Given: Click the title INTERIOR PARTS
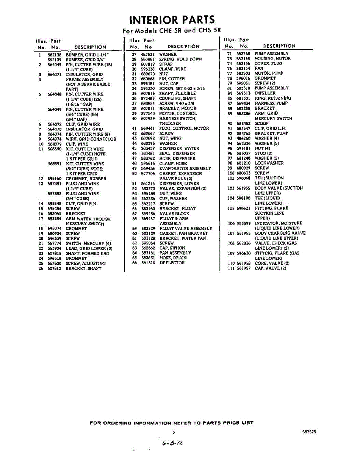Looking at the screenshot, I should [172, 20].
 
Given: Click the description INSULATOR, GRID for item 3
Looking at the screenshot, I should [84, 75].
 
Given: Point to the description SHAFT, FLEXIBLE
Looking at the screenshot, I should [177, 93].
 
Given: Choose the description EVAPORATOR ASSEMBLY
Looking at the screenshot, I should [185, 168].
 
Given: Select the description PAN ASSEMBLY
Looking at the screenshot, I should [175, 253].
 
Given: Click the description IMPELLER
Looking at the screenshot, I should [265, 93].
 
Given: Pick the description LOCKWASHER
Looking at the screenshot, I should [269, 163].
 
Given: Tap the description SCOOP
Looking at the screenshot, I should [261, 124].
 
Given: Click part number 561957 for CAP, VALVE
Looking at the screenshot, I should [244, 268].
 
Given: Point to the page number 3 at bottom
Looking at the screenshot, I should [173, 432].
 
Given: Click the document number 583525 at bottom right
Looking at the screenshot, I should [309, 432].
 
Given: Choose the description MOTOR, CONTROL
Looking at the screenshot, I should [178, 113].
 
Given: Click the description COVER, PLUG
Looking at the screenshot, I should [268, 64].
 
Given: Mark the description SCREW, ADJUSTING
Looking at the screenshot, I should [86, 264].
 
